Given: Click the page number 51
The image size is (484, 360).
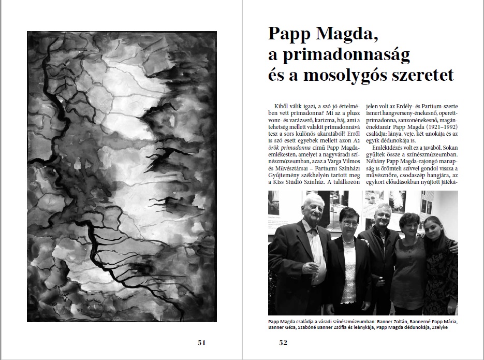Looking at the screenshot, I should [201, 342].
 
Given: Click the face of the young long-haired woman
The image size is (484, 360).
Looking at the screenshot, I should [434, 227].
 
